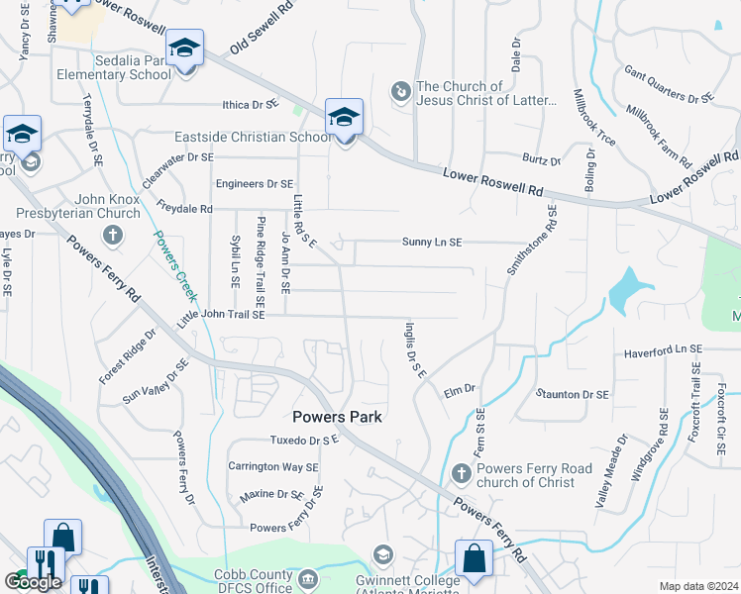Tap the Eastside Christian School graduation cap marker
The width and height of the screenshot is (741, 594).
pos(344,118)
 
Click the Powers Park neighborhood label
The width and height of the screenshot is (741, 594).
pos(337,417)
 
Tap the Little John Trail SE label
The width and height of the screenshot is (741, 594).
pos(221,315)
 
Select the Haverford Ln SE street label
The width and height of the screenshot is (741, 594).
pos(662,350)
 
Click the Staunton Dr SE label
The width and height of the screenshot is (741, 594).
pos(572,394)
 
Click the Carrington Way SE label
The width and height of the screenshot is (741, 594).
pos(274,466)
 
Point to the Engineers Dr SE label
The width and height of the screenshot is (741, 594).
pos(255,184)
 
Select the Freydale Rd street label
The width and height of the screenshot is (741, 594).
pos(184,209)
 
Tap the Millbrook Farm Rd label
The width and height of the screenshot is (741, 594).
pos(659,133)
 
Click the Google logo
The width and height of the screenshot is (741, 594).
pos(33,582)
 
